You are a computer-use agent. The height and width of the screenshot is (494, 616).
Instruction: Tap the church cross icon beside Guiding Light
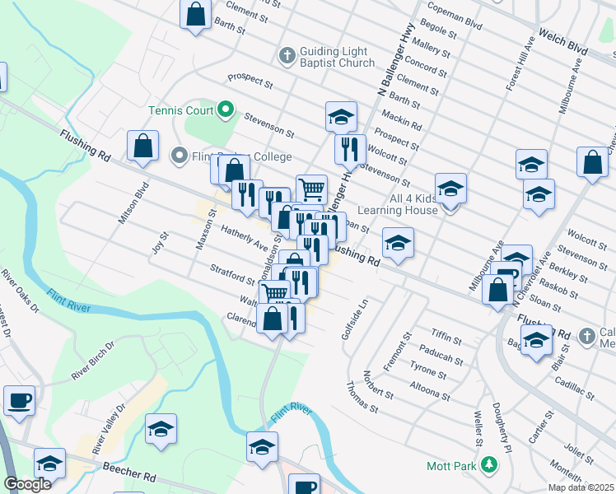[287, 56]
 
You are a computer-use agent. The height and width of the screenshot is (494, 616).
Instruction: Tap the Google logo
[28, 484]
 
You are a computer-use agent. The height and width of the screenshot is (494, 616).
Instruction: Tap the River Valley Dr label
[110, 430]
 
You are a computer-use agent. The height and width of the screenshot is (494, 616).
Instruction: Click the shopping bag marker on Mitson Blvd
[143, 146]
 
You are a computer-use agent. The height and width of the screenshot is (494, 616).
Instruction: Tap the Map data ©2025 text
[581, 487]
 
